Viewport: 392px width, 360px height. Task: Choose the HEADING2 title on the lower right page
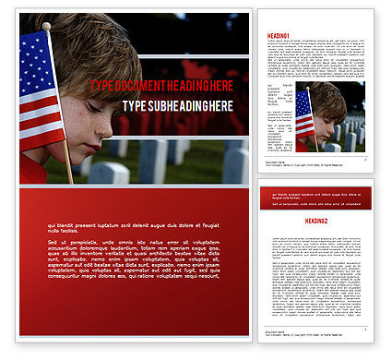(279, 221)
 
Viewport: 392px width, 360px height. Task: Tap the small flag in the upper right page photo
(303, 113)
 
